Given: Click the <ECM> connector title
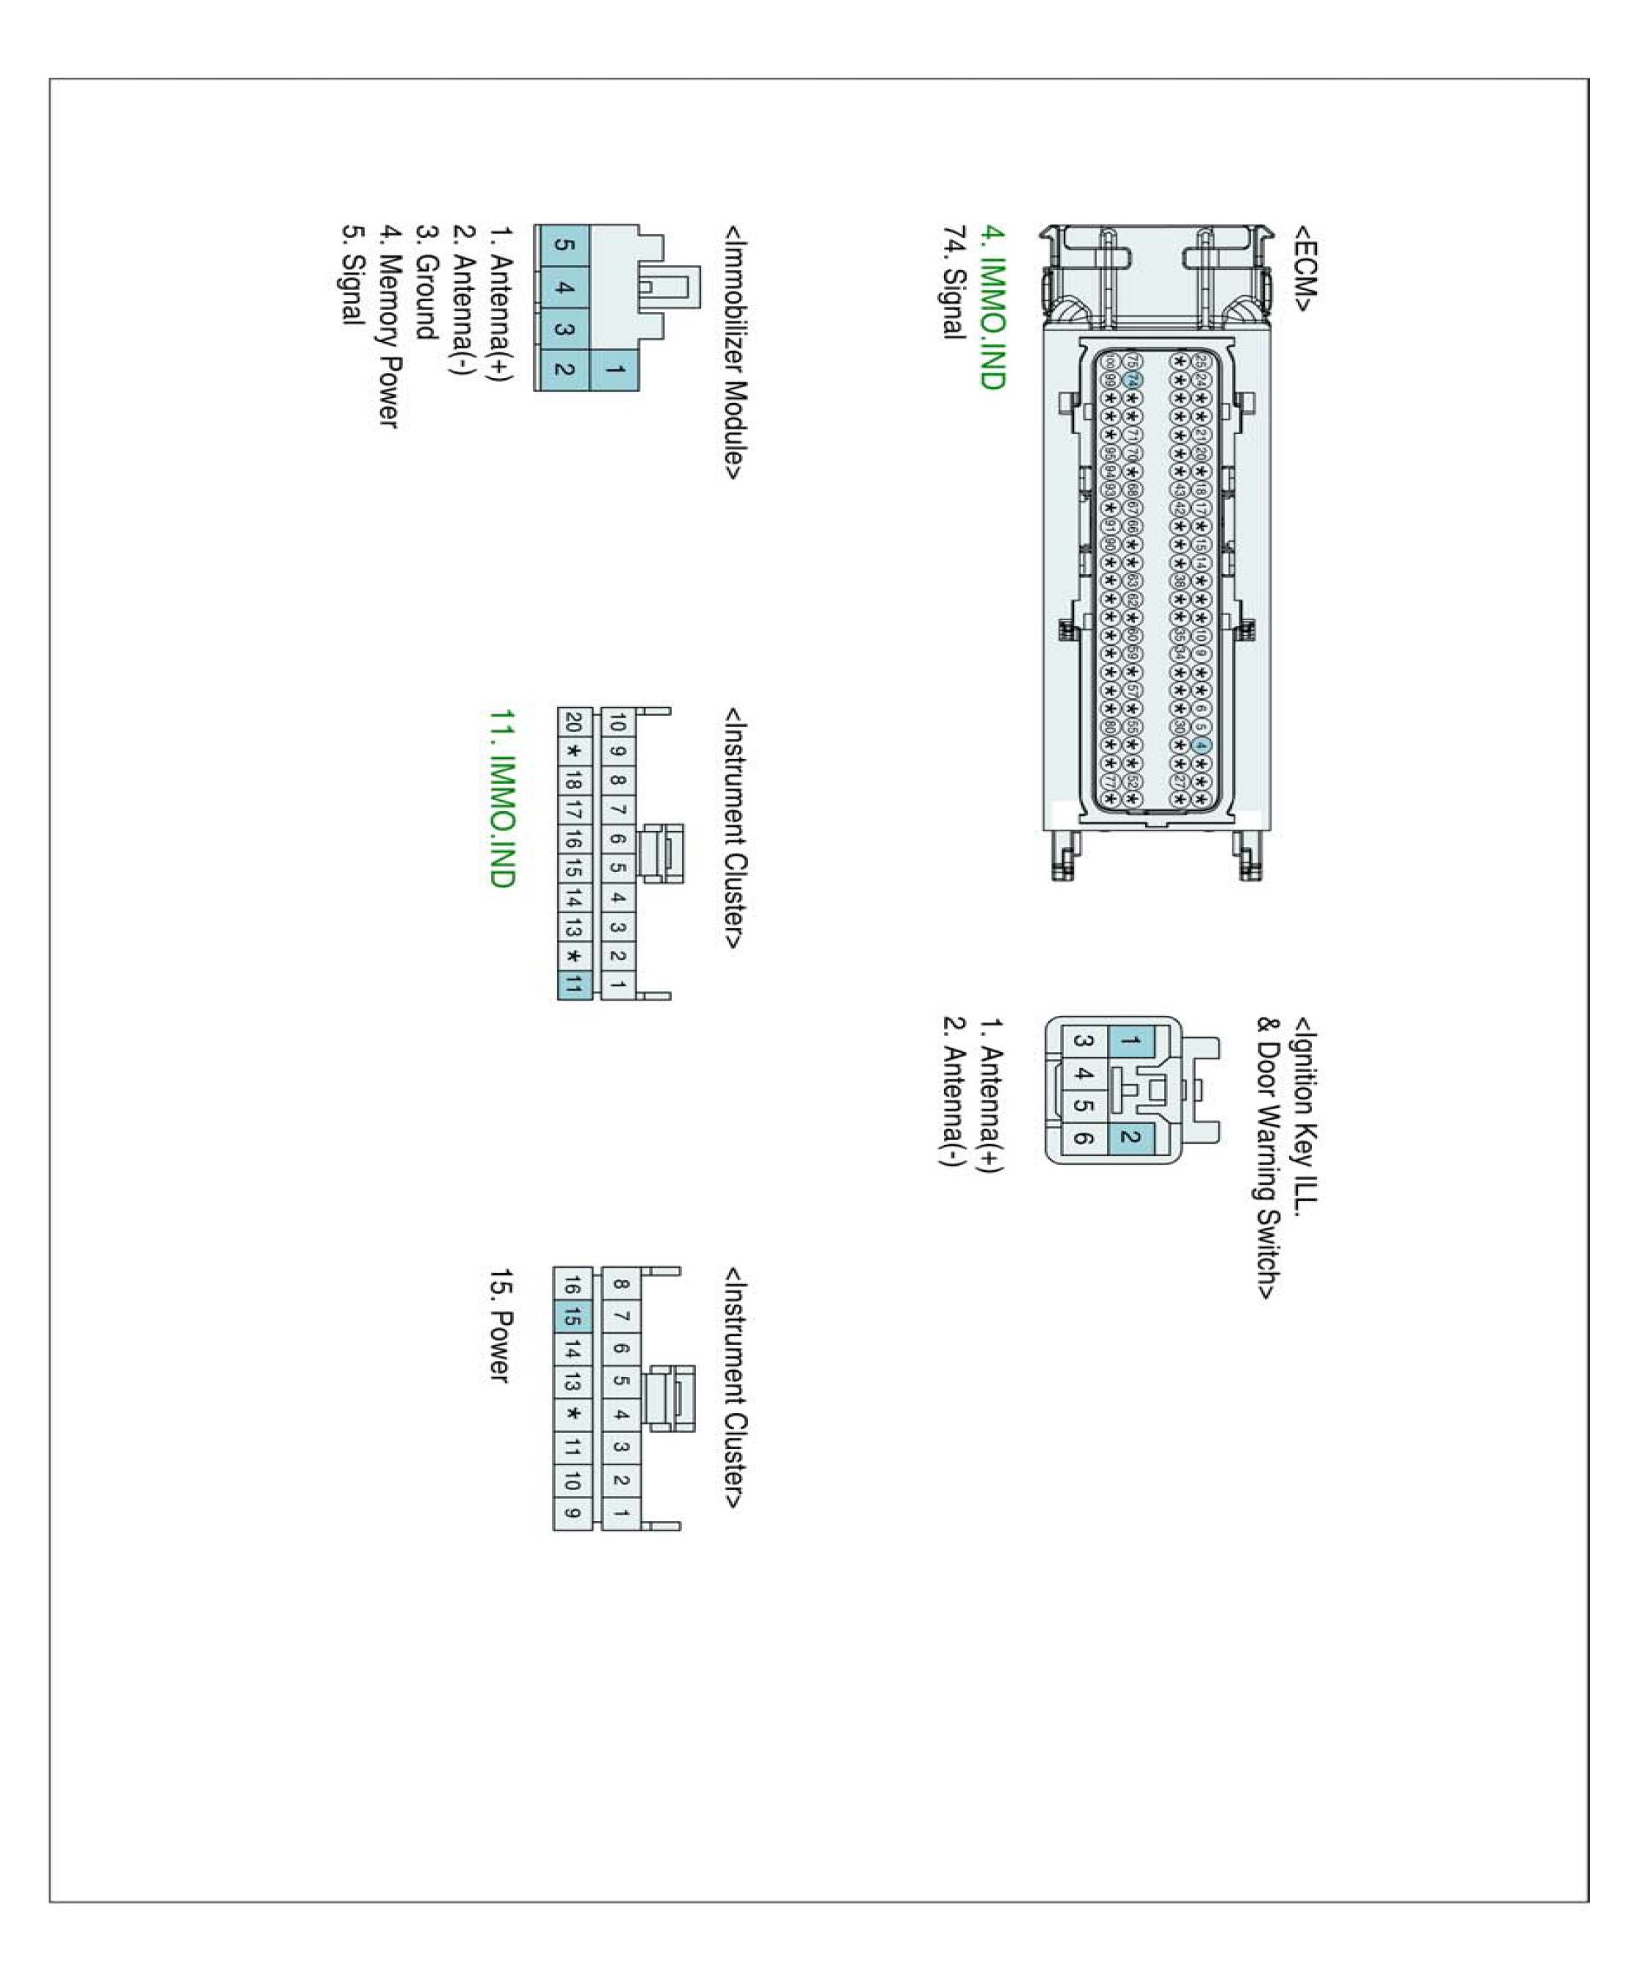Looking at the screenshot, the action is click(x=1304, y=267).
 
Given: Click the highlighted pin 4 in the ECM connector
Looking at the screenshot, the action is click(x=1199, y=745).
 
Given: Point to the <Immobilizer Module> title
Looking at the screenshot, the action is click(x=733, y=352).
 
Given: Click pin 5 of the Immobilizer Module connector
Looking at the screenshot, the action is click(x=562, y=245).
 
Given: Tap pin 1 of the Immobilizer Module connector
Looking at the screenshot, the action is click(x=614, y=370).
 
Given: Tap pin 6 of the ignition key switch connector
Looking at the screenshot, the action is click(x=1084, y=1138).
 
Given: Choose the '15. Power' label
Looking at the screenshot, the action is click(x=501, y=1326).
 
